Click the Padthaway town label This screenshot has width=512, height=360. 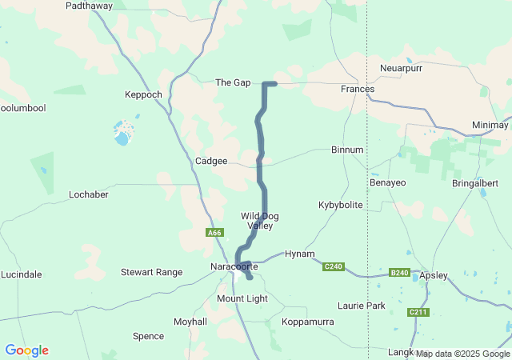pyautogui.click(x=89, y=5)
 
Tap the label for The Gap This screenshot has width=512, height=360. pyautogui.click(x=233, y=82)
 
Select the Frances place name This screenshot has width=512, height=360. pyautogui.click(x=357, y=89)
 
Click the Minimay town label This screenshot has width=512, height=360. pyautogui.click(x=490, y=126)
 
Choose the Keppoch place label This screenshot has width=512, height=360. pyautogui.click(x=143, y=94)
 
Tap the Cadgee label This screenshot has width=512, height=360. pyautogui.click(x=211, y=161)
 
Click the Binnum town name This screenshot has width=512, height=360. pyautogui.click(x=347, y=150)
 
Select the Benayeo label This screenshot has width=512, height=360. pyautogui.click(x=387, y=182)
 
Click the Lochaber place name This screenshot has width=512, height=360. pyautogui.click(x=88, y=194)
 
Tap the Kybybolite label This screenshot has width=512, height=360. pyautogui.click(x=340, y=205)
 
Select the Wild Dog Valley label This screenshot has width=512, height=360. pyautogui.click(x=260, y=221)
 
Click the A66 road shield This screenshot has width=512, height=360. pyautogui.click(x=214, y=233)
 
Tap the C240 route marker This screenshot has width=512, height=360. pyautogui.click(x=334, y=266)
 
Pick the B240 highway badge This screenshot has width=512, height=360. pyautogui.click(x=399, y=273)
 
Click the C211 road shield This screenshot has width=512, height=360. pyautogui.click(x=417, y=312)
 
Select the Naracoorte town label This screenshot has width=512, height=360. pyautogui.click(x=231, y=266)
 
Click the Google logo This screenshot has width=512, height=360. pyautogui.click(x=26, y=350)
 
